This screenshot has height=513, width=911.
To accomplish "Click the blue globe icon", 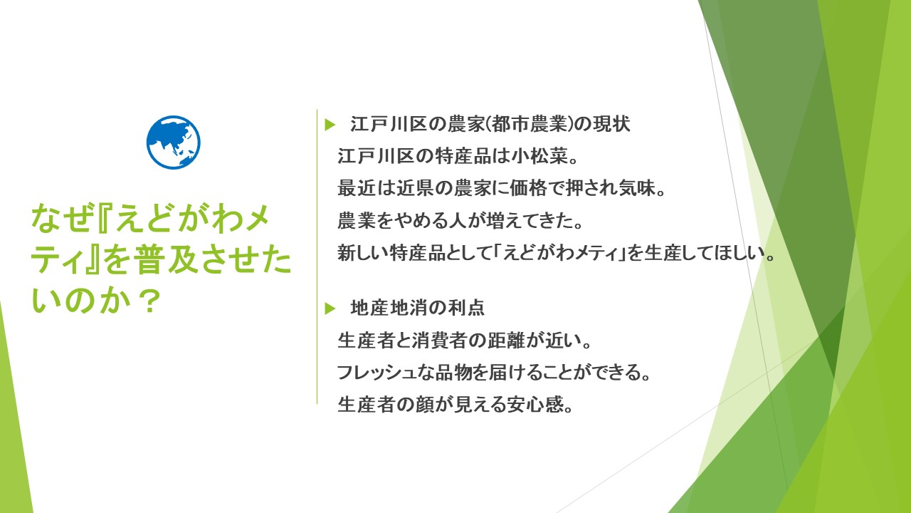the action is point(173,142).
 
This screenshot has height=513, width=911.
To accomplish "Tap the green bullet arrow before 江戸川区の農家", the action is point(330,125).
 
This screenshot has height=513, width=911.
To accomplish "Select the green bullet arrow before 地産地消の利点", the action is point(330,309).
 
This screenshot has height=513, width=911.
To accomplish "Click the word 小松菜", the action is point(539,156).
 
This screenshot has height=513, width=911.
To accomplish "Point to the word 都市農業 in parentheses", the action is point(529,124).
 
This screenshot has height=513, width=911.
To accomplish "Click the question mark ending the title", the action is point(149,301).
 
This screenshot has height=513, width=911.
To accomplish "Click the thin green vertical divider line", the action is point(317,256).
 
